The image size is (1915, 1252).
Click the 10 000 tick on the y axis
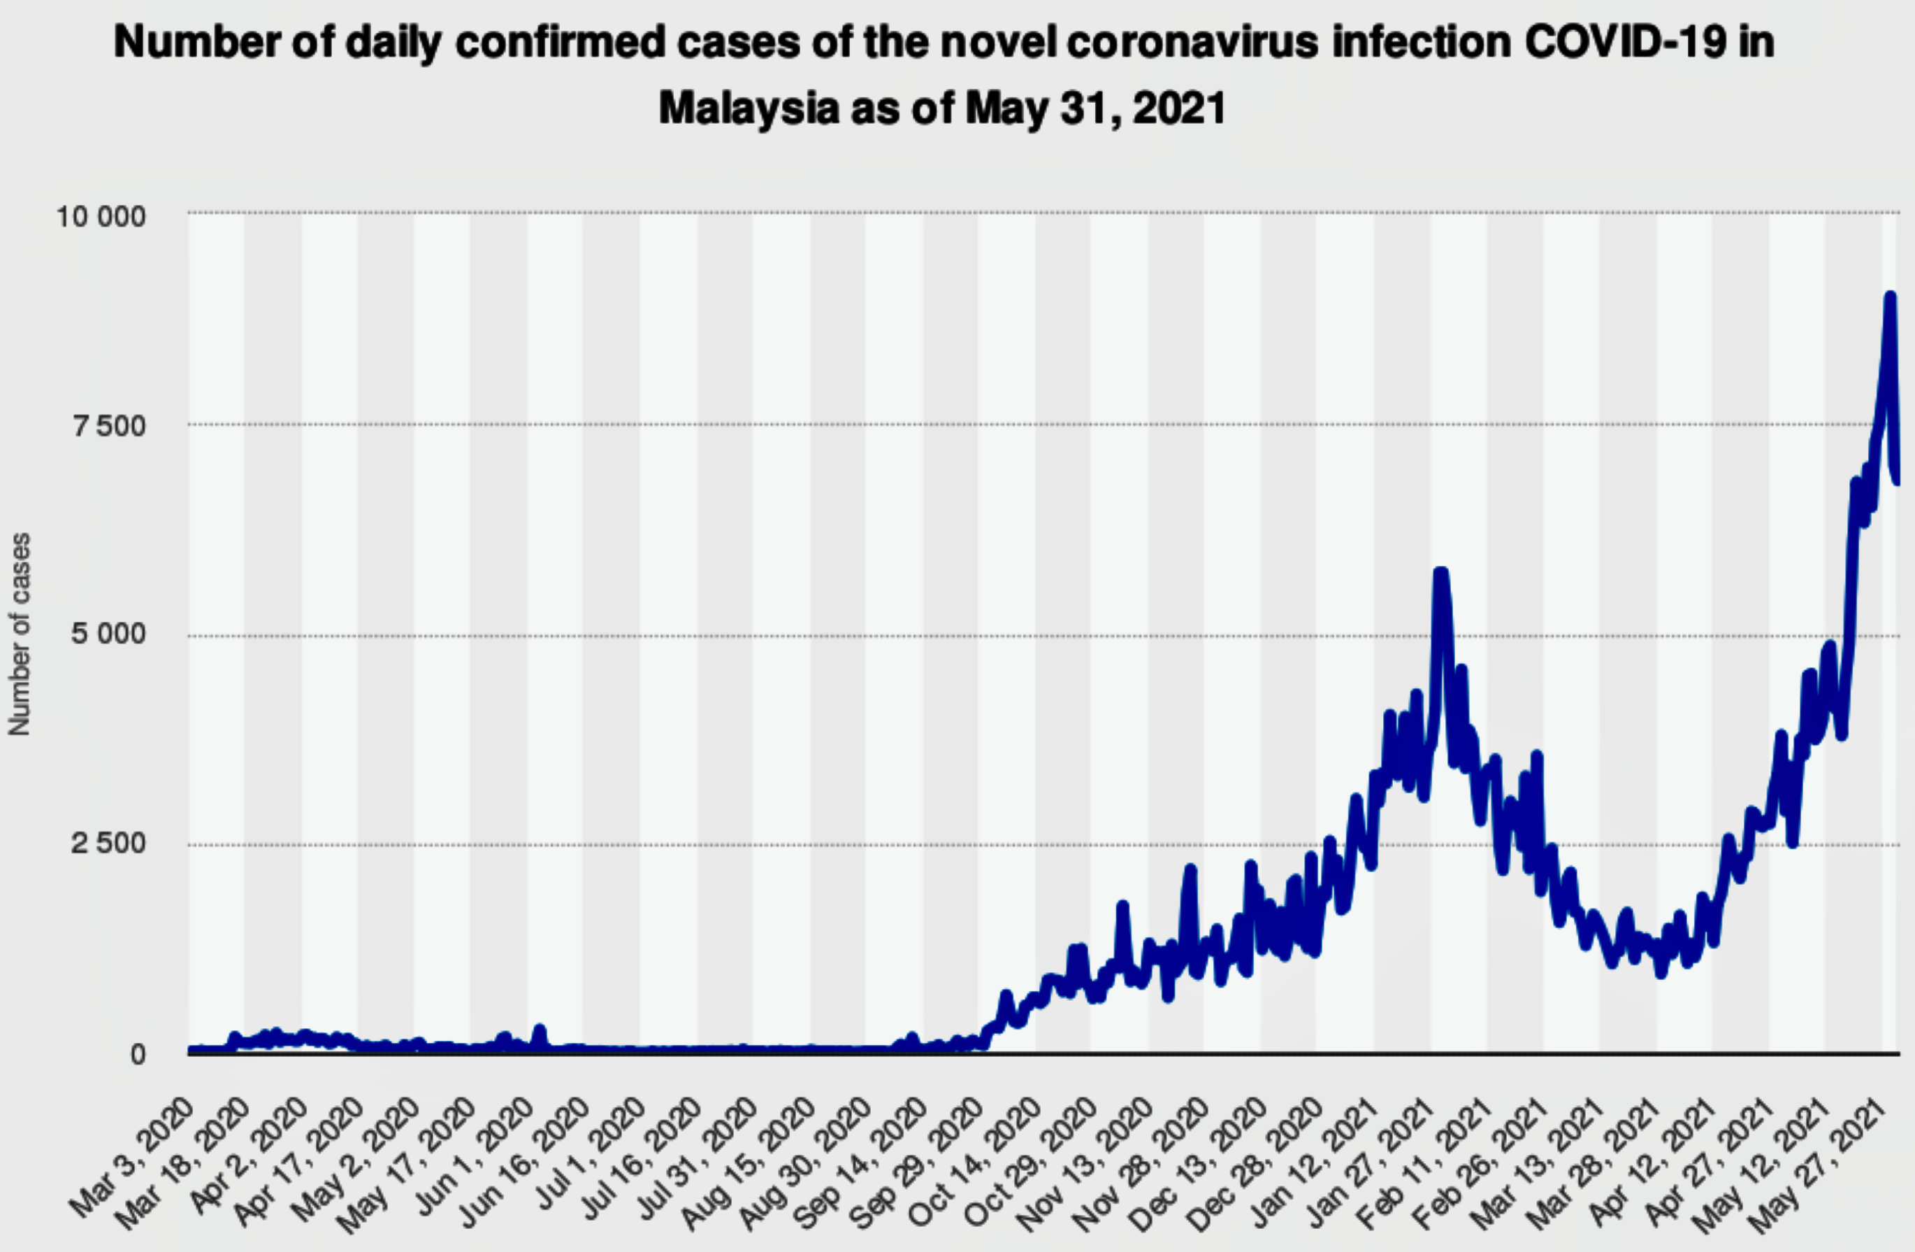(x=100, y=217)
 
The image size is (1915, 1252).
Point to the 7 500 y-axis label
(x=110, y=426)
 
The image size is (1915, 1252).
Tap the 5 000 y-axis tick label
(x=110, y=634)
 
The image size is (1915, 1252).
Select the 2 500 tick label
(x=110, y=844)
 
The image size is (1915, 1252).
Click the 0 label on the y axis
(x=138, y=1053)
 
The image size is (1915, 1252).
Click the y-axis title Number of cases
(x=20, y=634)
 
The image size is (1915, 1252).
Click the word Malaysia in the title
(x=749, y=107)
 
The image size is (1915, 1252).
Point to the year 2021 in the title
(x=1180, y=107)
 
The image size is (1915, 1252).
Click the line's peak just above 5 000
(x=1440, y=572)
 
